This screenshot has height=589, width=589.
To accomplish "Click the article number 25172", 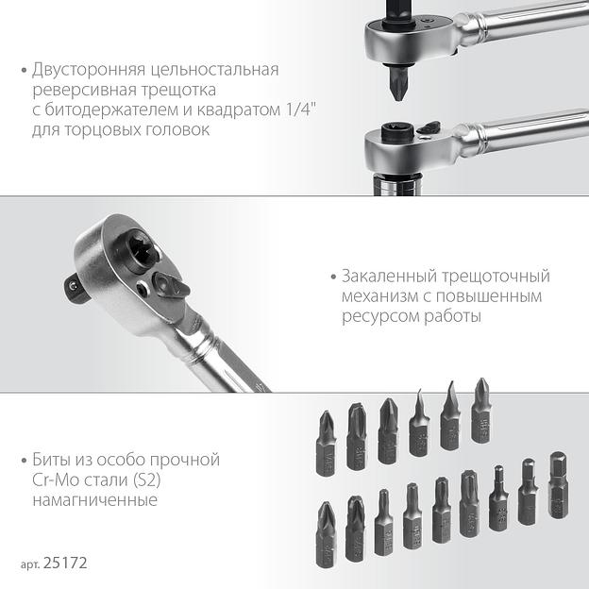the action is [65, 563].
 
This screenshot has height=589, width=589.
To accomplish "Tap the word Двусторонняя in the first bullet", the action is [89, 70].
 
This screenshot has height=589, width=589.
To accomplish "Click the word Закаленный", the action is [388, 277].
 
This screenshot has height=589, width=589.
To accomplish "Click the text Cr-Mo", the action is [55, 480].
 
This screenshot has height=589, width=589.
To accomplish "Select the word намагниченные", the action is [94, 500].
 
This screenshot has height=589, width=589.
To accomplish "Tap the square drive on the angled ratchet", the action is [76, 287].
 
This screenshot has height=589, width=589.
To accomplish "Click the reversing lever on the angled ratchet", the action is [170, 285].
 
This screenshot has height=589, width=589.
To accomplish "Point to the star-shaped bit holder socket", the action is [142, 248].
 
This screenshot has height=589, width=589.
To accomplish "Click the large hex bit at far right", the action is [558, 485].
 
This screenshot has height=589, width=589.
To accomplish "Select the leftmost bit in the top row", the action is [326, 444].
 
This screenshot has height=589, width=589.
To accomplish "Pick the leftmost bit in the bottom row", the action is [326, 535].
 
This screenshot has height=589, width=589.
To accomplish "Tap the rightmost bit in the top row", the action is [480, 411].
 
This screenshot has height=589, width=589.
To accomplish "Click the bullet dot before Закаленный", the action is [333, 278].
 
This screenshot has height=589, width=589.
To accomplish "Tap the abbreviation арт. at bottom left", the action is [30, 564].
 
